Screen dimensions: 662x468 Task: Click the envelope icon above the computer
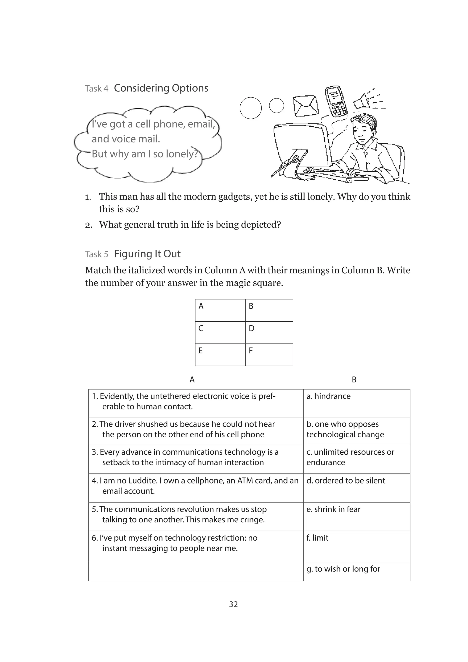tap(306, 106)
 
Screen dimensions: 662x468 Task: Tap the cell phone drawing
tap(336, 101)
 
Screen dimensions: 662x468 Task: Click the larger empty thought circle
tap(250, 108)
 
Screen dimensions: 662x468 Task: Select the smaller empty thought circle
tap(276, 106)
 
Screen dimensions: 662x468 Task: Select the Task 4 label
tap(96, 88)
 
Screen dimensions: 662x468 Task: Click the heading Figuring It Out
tap(147, 254)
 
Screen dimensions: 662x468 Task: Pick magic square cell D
tap(269, 332)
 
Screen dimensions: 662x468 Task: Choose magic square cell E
tap(220, 355)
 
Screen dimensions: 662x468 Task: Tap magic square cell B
tap(269, 310)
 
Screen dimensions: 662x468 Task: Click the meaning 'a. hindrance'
tap(329, 396)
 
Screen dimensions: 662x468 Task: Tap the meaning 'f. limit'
tap(317, 538)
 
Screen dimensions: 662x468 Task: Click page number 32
tap(233, 604)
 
